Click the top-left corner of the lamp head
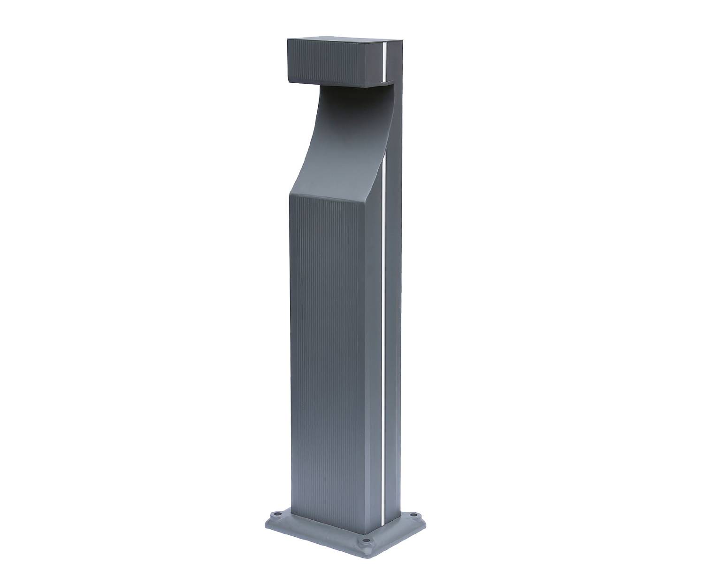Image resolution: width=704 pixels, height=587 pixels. click(287, 40)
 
